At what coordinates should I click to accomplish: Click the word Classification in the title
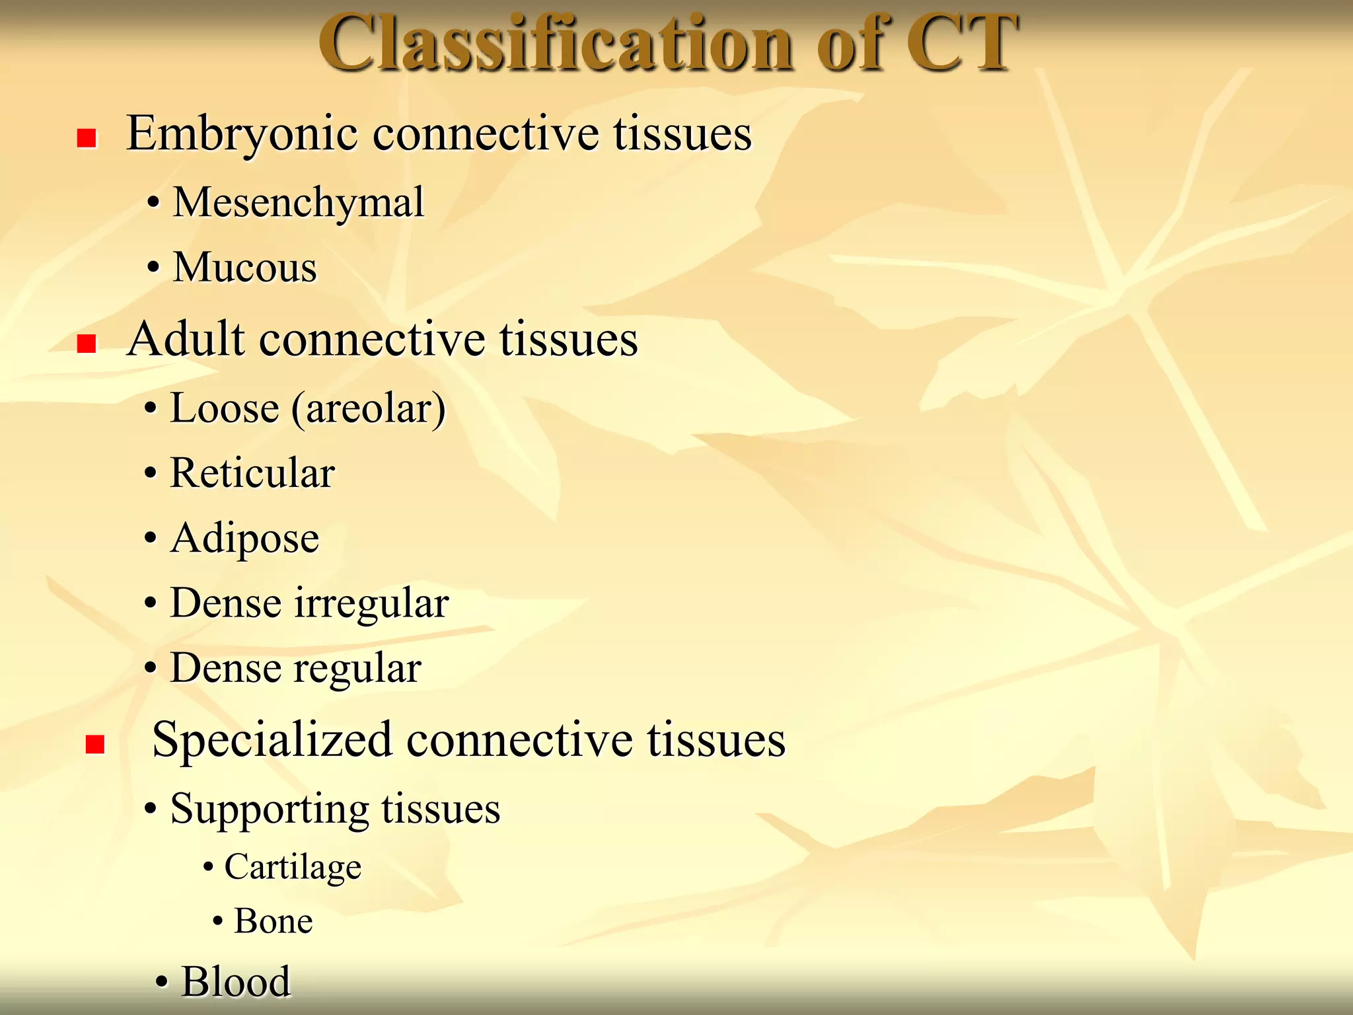555,44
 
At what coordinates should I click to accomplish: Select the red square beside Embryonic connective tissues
87,138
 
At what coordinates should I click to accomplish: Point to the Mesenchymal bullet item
298,202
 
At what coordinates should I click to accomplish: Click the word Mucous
244,268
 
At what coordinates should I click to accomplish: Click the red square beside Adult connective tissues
87,344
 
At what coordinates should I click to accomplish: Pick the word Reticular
252,473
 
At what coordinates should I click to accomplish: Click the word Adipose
244,538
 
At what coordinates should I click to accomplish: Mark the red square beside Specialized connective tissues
95,745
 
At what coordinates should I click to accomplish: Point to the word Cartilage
293,867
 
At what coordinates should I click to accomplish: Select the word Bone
273,921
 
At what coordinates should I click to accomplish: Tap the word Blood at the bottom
236,981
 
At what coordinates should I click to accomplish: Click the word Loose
225,408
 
